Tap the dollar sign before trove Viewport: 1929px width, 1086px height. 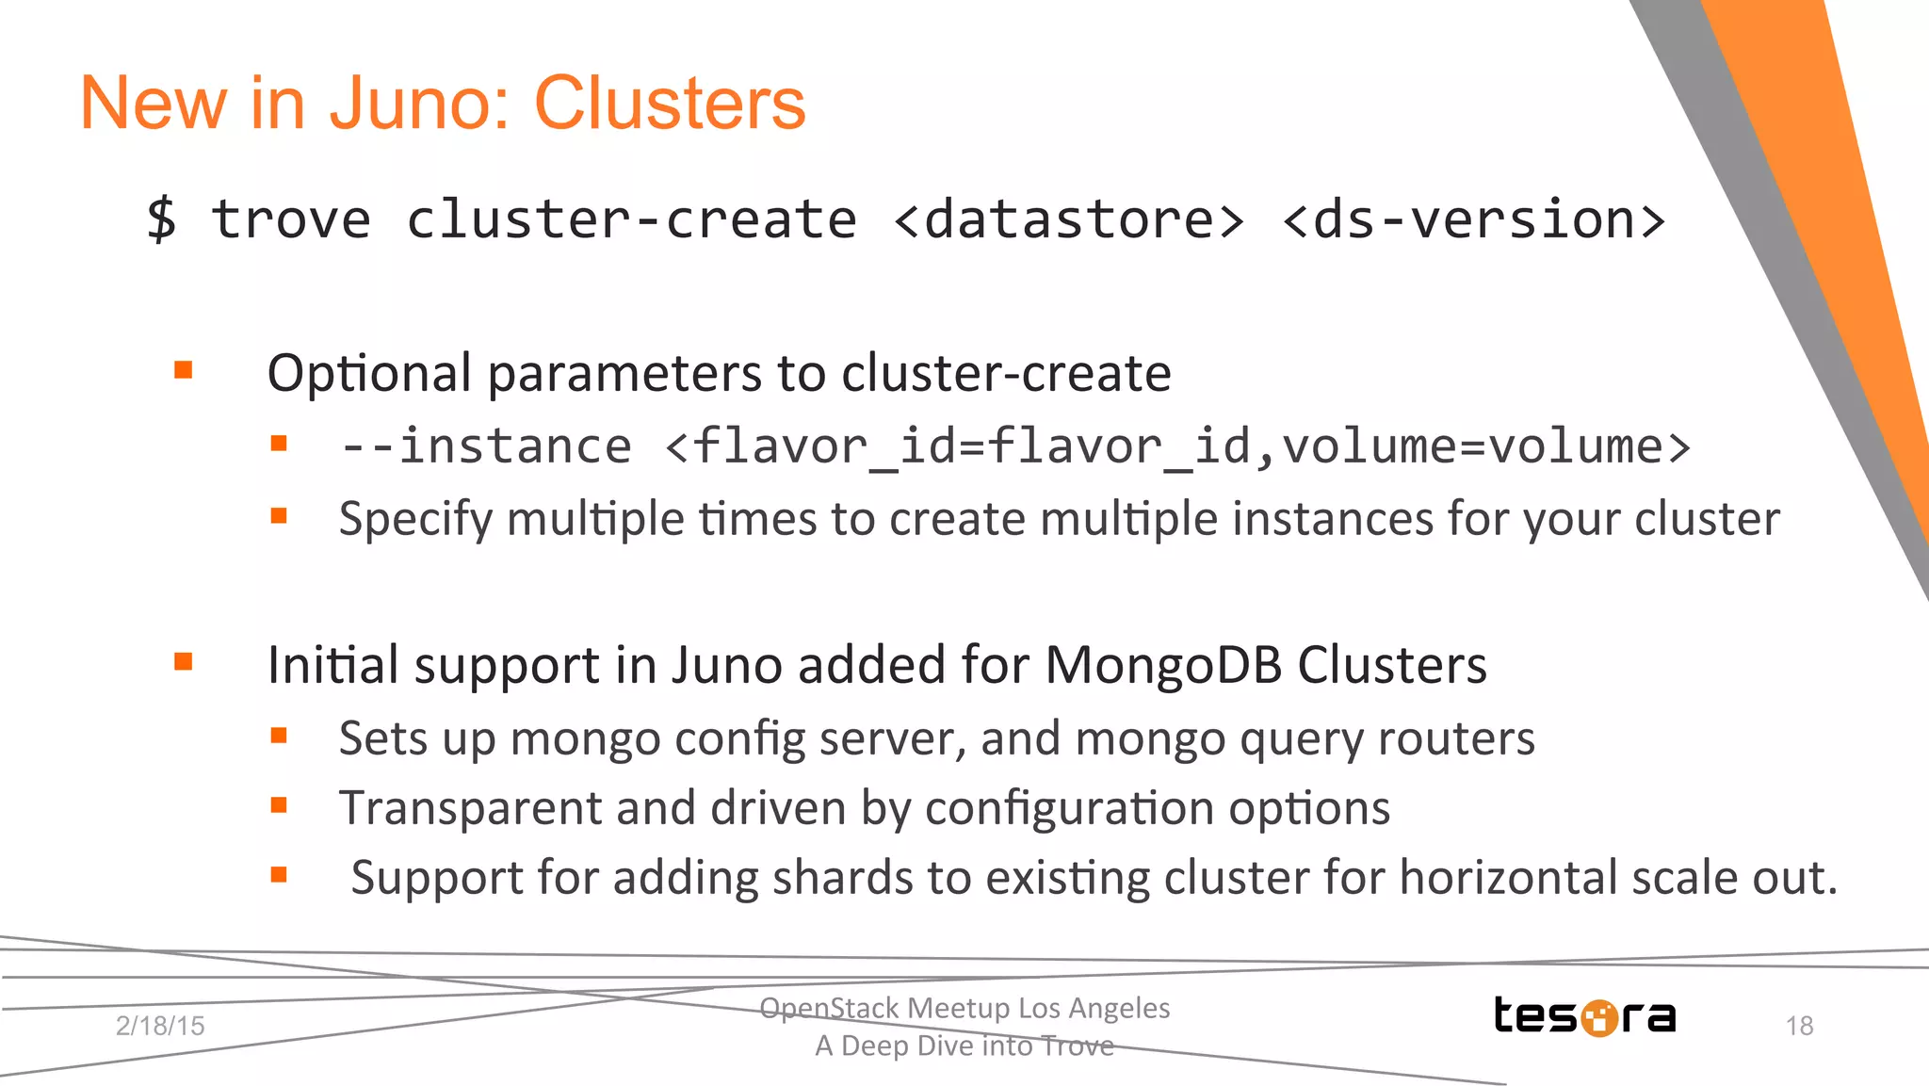(x=161, y=219)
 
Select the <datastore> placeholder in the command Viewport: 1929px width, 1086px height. (x=1069, y=219)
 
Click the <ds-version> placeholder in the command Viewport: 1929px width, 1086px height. (x=1474, y=219)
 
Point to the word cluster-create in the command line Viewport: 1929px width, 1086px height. (x=631, y=219)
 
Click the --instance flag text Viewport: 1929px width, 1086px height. (x=486, y=446)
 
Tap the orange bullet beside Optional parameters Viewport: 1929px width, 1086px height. (x=184, y=370)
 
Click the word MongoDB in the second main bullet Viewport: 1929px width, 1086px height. (x=1164, y=665)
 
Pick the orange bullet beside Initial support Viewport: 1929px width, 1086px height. (x=184, y=662)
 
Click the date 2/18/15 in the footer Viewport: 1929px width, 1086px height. (x=160, y=1026)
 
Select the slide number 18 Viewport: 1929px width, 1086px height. (x=1799, y=1026)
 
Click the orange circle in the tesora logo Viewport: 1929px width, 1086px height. (x=1598, y=1018)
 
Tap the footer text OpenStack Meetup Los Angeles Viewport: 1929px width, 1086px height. (x=964, y=1008)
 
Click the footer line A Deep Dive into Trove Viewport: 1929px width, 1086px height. (x=964, y=1045)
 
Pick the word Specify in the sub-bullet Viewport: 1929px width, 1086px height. (x=415, y=520)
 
